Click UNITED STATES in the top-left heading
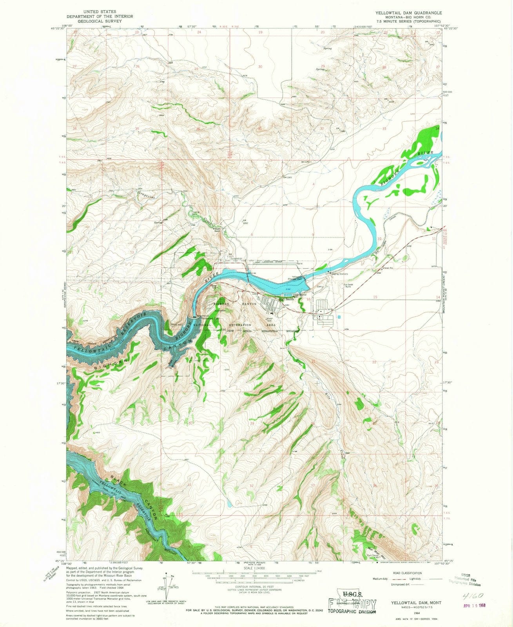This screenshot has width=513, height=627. (100, 12)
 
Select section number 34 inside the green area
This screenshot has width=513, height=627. (437, 128)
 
